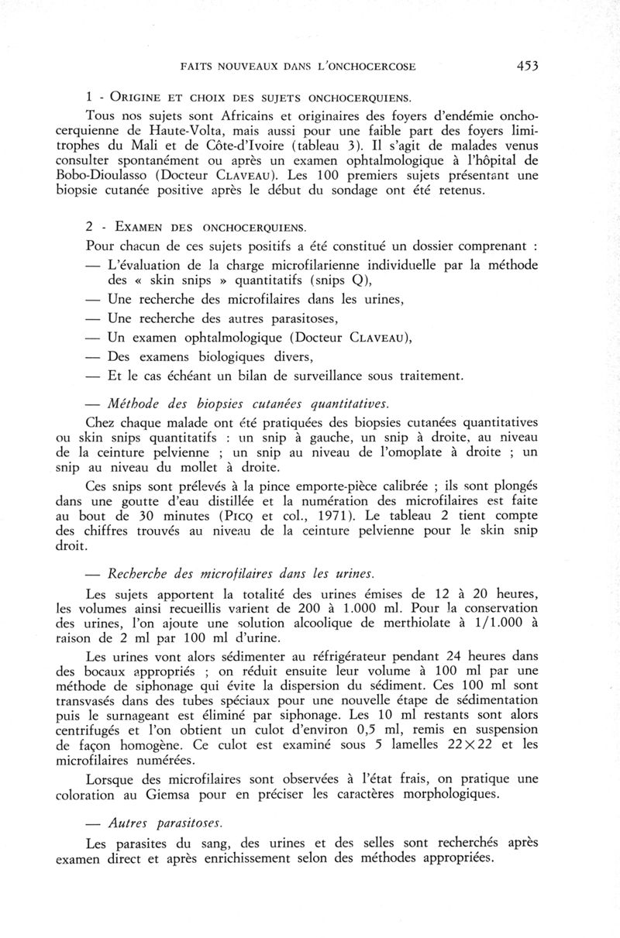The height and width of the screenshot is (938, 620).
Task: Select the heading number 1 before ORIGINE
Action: click(x=91, y=98)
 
